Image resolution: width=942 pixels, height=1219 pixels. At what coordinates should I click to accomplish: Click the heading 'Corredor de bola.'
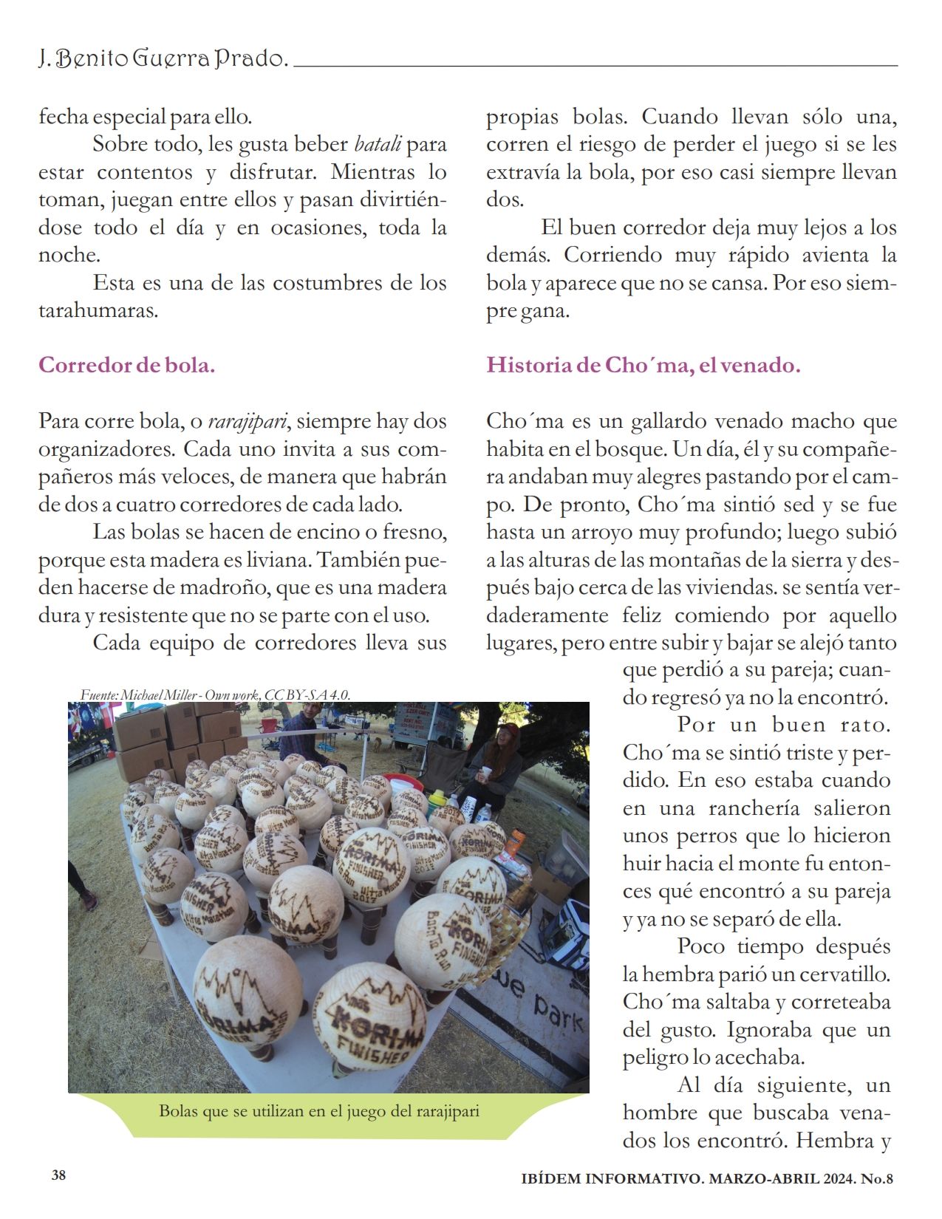coord(126,365)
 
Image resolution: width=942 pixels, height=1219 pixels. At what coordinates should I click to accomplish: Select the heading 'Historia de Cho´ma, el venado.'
coord(643,365)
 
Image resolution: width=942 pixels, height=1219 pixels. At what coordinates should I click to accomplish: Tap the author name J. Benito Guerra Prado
coord(163,58)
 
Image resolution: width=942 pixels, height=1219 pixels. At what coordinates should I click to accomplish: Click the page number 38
coord(59,1175)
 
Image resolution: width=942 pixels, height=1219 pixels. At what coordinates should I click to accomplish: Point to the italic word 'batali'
coord(378,144)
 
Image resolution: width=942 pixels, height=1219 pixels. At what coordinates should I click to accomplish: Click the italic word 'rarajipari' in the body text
coord(248,422)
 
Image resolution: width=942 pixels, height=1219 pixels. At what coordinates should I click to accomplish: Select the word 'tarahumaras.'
coord(98,310)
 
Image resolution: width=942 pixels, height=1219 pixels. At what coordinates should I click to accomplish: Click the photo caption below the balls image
coord(319,1111)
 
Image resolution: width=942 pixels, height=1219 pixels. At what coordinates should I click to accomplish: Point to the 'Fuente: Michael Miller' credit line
coord(215,694)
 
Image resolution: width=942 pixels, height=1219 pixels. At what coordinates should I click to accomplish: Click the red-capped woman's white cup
coord(484,775)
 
